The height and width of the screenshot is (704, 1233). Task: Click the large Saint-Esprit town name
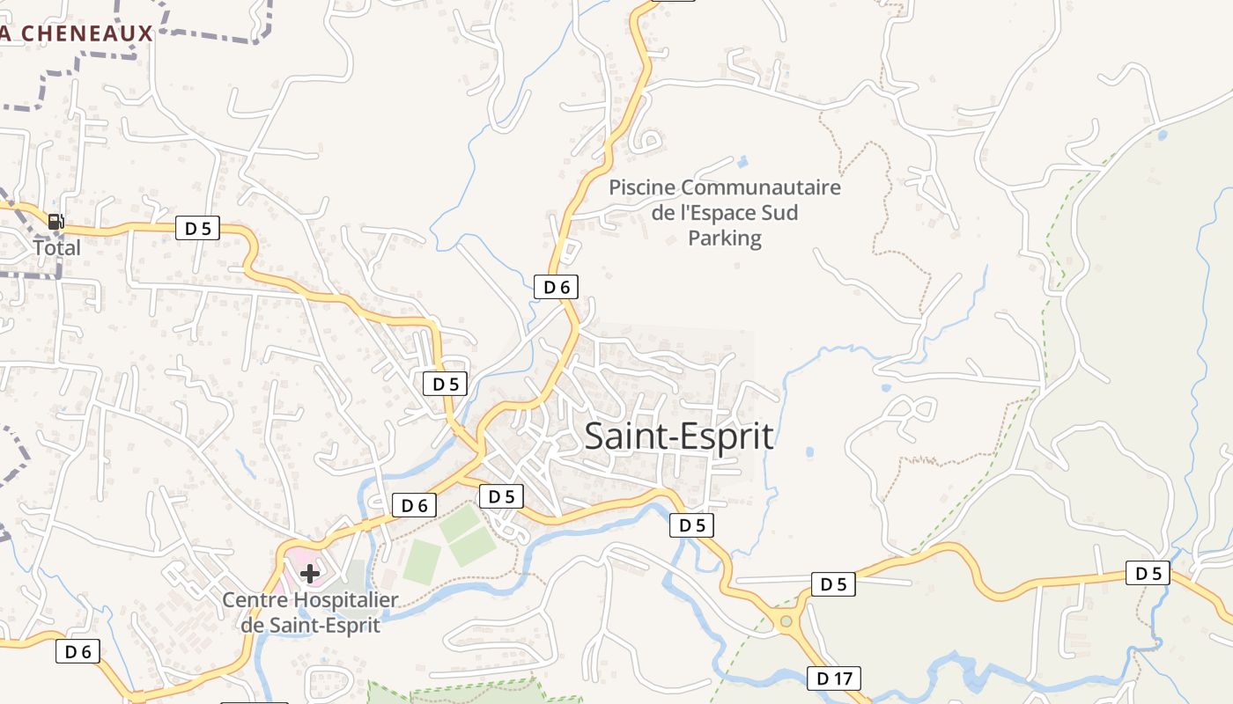pos(679,436)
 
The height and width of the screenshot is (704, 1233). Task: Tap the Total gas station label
pos(57,247)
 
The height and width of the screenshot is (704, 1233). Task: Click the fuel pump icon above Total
pos(55,222)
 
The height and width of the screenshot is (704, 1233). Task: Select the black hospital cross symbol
pos(310,575)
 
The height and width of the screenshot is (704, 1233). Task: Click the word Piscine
pos(642,187)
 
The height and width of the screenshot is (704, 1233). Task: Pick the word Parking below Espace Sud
pos(725,238)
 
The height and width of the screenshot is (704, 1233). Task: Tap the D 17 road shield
pos(833,678)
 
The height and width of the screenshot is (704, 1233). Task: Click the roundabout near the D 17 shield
pos(786,622)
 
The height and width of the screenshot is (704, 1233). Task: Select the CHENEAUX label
pos(85,34)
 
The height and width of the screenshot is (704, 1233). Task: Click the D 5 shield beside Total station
pos(197,229)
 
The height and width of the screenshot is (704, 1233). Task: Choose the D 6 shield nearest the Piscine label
pos(557,287)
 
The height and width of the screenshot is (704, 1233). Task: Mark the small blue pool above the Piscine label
pos(743,162)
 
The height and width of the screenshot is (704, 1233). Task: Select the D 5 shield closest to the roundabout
pos(832,583)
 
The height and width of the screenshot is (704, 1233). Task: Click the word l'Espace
pos(714,213)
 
